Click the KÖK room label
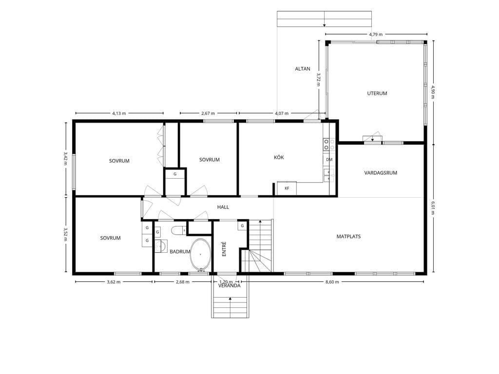279,157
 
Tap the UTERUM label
377,93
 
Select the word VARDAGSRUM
381,173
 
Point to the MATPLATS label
348,237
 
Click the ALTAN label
302,69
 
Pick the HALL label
223,207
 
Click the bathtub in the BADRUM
200,255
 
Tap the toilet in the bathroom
178,230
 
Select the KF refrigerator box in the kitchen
287,188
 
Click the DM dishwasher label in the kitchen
329,160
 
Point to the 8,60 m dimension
332,282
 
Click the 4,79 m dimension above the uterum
376,35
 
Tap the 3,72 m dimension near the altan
318,79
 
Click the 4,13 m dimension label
119,113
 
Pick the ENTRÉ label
224,249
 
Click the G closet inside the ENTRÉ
243,226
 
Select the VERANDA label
229,285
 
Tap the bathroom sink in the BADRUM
161,246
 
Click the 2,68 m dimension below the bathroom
183,282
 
